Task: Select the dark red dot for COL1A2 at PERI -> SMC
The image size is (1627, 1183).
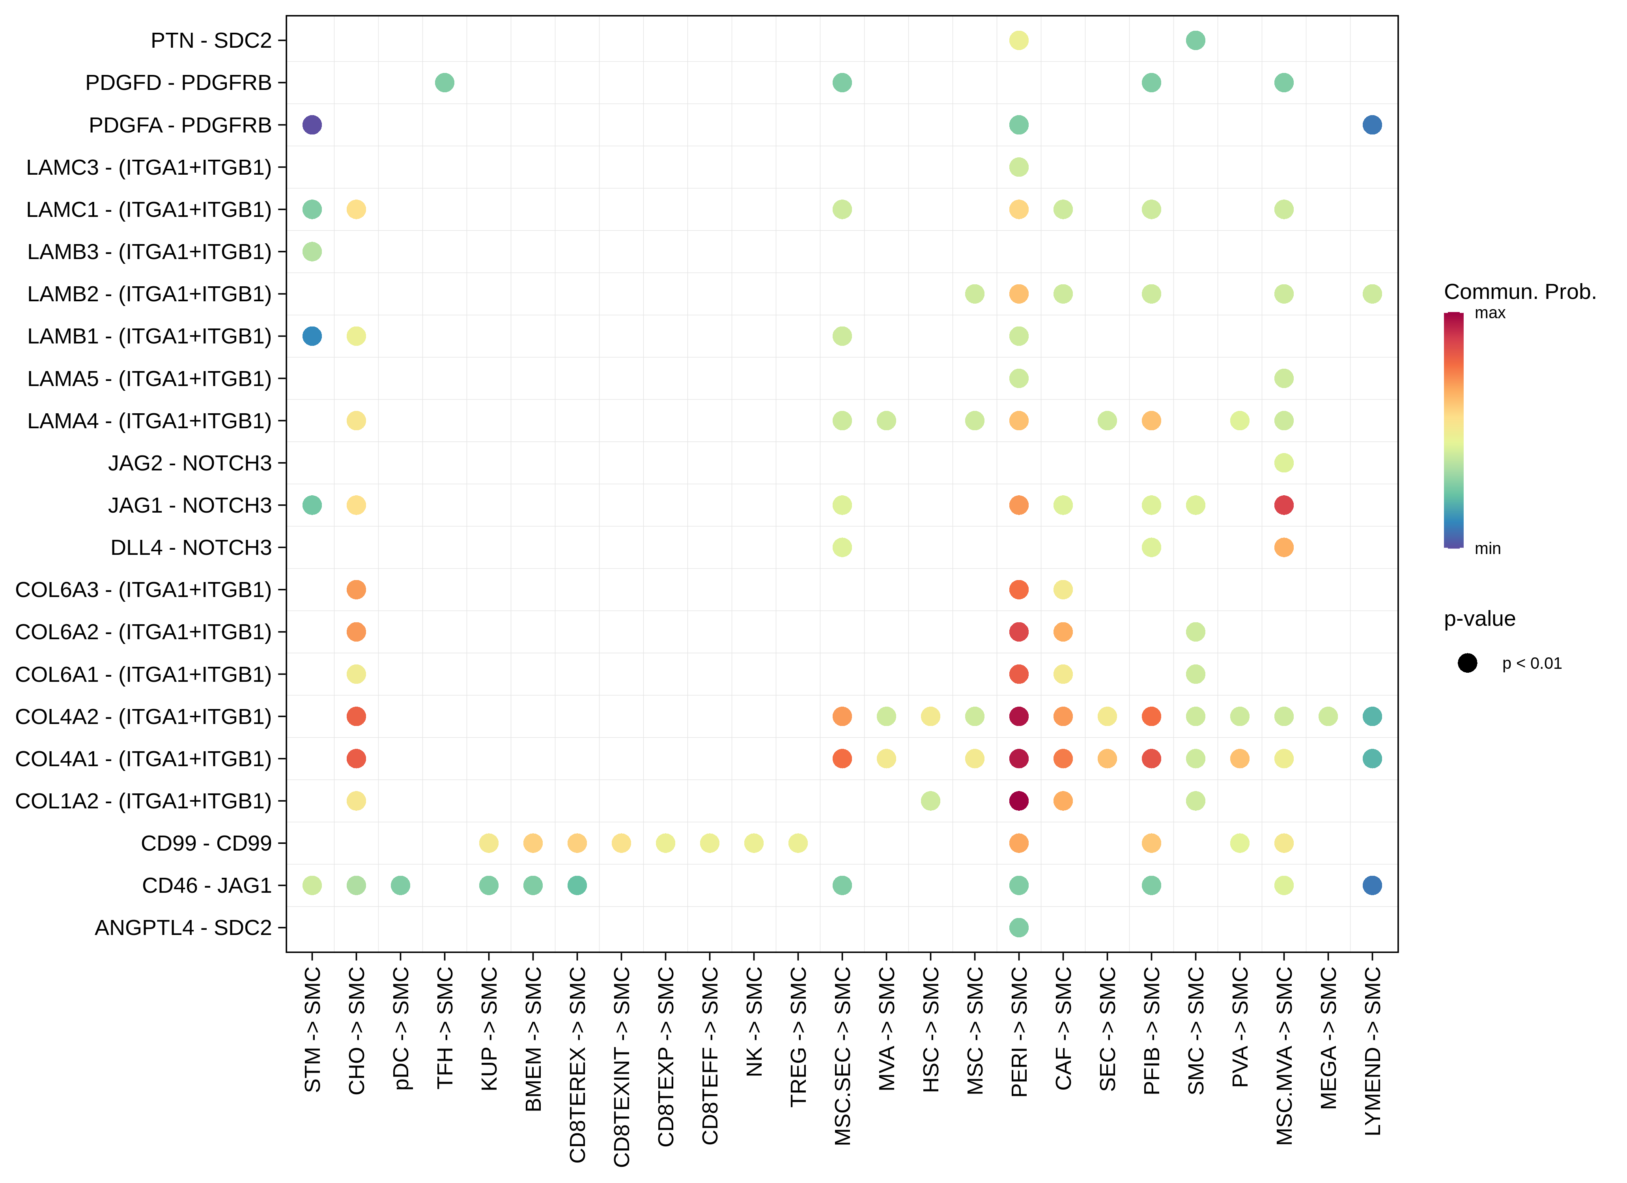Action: click(1019, 800)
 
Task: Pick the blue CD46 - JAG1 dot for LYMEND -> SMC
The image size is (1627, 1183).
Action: click(1372, 885)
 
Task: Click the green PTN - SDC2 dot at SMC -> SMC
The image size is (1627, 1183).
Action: click(1195, 40)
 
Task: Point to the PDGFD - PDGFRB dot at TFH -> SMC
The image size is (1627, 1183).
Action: click(445, 82)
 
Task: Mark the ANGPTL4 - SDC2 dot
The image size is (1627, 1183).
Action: click(1019, 927)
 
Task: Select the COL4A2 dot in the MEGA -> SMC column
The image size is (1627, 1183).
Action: click(1328, 716)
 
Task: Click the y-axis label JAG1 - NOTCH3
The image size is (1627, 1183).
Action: click(190, 505)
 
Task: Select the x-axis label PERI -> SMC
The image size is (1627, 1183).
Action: click(1019, 1032)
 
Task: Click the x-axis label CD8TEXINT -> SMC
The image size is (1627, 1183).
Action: click(621, 1066)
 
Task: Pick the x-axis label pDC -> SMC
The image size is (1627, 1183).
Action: click(400, 1027)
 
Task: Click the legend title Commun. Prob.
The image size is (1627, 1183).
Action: click(1519, 292)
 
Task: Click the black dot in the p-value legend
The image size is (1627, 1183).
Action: click(1467, 663)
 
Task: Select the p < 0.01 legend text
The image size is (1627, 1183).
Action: click(1532, 664)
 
